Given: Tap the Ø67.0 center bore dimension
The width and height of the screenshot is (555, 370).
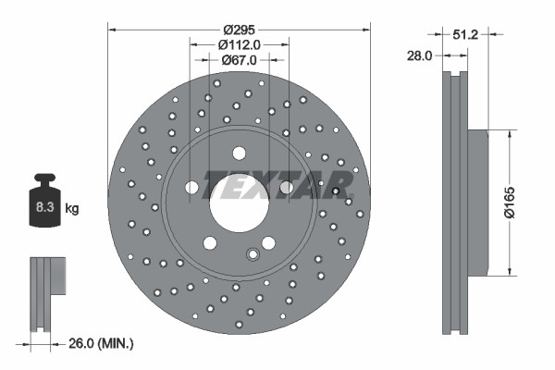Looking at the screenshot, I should point(239,59).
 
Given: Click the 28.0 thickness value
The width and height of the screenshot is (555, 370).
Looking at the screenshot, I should point(420,56).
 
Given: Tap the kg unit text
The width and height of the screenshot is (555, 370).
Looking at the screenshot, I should point(72,209).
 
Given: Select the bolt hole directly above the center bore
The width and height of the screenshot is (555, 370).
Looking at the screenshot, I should point(239,154).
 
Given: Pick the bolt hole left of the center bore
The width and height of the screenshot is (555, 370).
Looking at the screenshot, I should point(191,188).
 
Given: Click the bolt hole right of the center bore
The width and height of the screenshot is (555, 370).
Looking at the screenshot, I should point(286,188).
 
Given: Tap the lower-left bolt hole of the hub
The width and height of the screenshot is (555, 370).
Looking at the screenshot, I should point(210,242).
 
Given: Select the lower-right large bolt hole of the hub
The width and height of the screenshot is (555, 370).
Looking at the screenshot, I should point(268,242).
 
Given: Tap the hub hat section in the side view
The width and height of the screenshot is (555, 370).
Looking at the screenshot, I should point(477,202).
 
